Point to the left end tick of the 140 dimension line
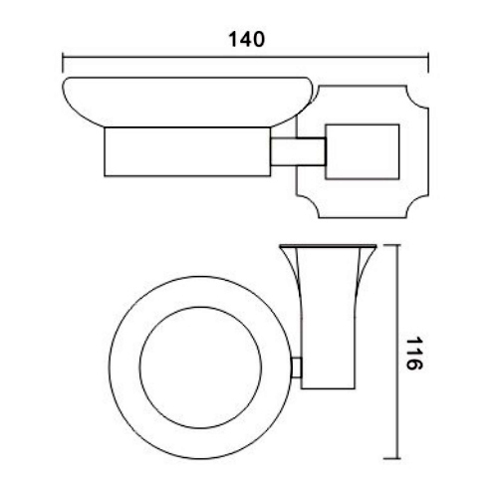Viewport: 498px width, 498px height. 63,55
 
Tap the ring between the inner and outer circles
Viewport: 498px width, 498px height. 124,371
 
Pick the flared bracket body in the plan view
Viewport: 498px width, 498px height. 328,329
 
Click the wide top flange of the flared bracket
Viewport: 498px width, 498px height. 329,246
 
